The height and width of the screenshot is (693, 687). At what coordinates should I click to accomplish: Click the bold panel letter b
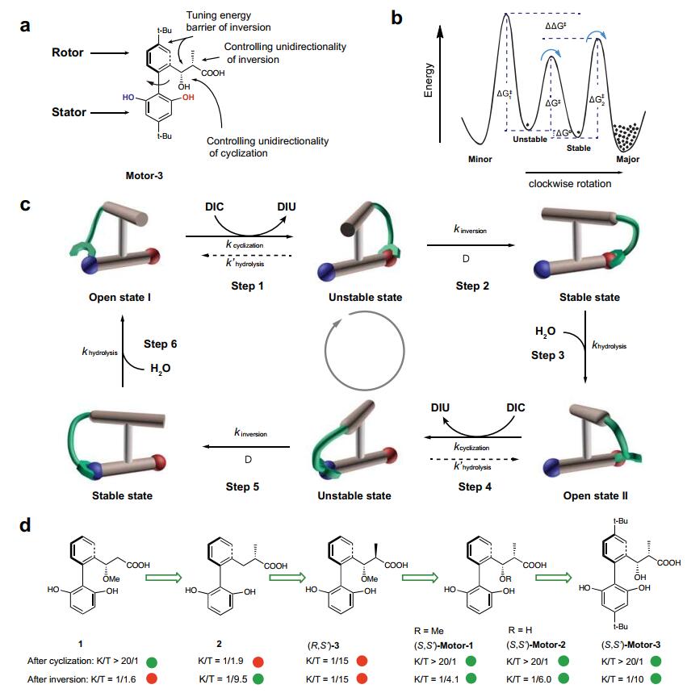point(397,17)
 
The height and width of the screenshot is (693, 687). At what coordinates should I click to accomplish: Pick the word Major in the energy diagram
point(627,160)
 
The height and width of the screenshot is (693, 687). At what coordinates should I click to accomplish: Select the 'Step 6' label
point(162,344)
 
